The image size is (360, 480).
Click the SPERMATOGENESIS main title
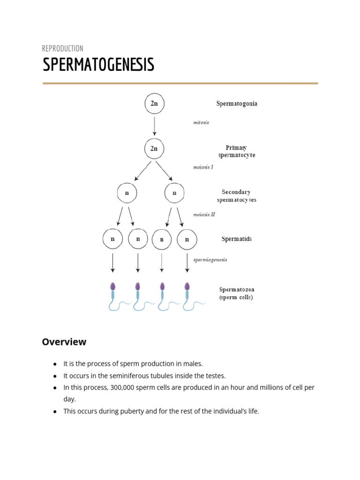point(98,65)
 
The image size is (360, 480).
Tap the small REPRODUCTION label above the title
point(62,48)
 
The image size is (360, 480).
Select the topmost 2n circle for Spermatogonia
point(154,104)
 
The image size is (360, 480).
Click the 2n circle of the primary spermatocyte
point(154,149)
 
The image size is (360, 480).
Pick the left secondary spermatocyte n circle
point(127,193)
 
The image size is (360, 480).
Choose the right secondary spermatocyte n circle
point(174,193)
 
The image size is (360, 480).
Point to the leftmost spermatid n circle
point(112,239)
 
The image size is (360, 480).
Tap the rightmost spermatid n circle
point(187,239)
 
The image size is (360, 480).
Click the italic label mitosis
point(201,123)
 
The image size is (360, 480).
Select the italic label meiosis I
point(203,167)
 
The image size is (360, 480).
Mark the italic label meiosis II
point(204,215)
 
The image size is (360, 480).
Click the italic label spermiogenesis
point(210,260)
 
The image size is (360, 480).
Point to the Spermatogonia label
point(236,104)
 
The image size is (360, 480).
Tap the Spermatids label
point(236,239)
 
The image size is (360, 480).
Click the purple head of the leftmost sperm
point(112,286)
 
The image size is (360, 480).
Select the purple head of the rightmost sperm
point(187,286)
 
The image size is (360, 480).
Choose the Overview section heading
point(64,342)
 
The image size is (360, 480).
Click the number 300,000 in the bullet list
point(125,388)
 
